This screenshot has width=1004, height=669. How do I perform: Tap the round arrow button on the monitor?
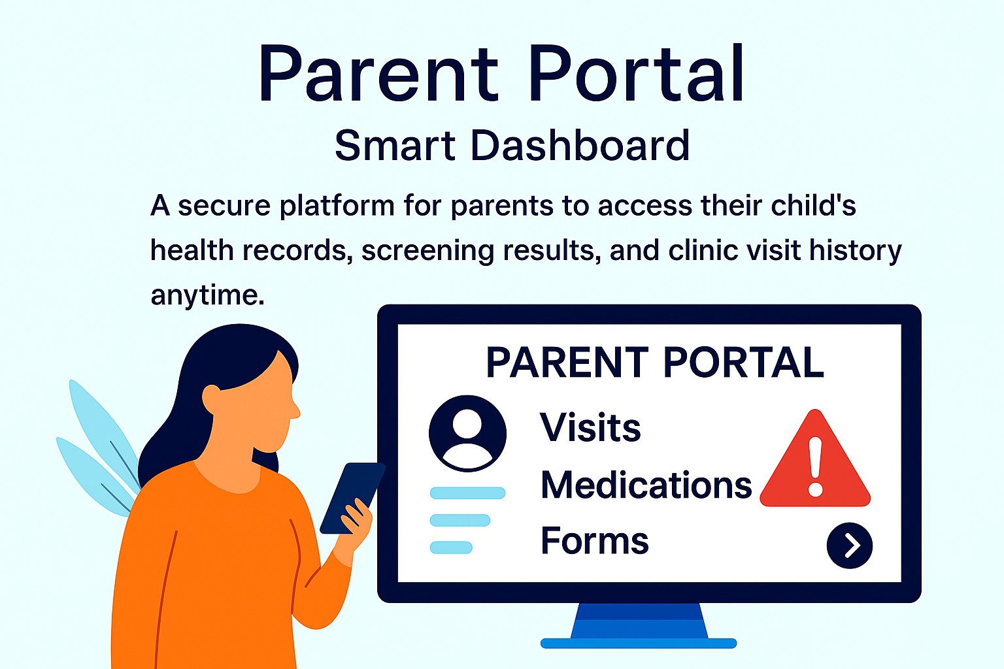pos(849,546)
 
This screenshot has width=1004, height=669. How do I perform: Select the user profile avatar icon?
pos(467,433)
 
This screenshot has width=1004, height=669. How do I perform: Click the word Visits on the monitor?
pos(590,428)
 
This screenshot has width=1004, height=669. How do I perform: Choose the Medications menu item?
pos(646,485)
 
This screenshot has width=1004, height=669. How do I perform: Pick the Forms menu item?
pos(594,541)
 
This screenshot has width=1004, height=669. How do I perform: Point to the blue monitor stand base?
pos(639,643)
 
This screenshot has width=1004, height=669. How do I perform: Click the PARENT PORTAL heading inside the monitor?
pos(654,363)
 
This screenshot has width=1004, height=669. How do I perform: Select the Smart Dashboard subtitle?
pos(512,145)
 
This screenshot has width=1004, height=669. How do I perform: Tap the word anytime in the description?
pos(207,295)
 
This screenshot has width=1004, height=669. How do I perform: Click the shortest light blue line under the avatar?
pos(451,547)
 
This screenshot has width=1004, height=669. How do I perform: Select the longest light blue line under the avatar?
pos(467,493)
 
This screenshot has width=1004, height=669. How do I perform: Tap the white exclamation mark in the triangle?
pos(815,466)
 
